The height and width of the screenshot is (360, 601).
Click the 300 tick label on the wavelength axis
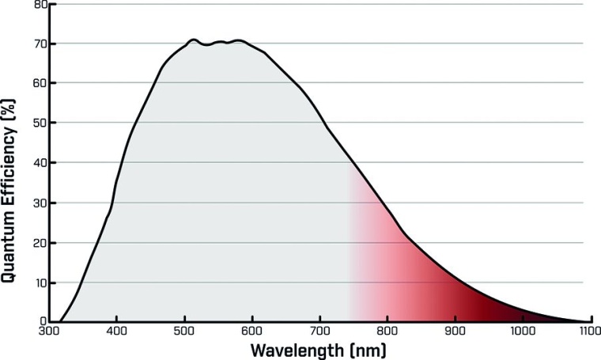pos(49,331)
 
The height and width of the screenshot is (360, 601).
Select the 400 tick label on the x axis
pos(117,331)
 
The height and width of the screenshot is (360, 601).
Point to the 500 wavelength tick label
pos(184,331)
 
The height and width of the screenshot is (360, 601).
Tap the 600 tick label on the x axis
pos(252,331)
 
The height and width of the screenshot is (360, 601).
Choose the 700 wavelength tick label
pos(319,331)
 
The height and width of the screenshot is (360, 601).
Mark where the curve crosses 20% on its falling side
pos(413,243)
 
